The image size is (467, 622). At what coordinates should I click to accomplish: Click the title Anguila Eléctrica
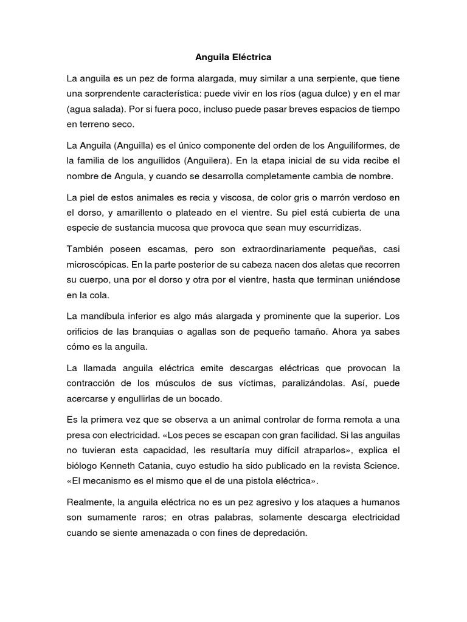click(x=233, y=58)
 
